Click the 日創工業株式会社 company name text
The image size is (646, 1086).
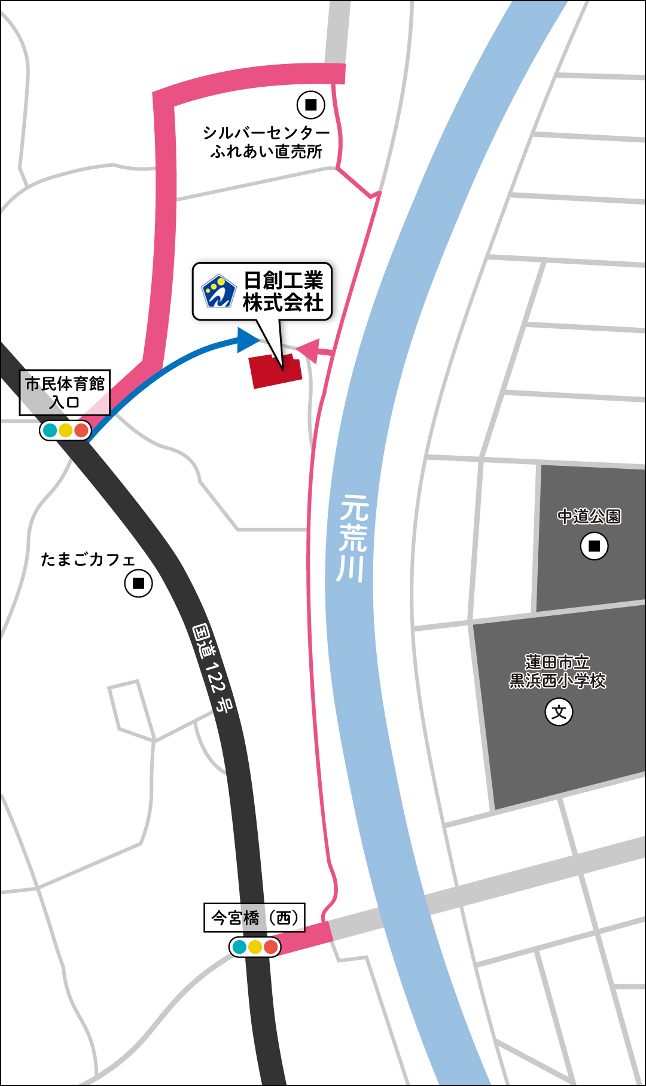(283, 291)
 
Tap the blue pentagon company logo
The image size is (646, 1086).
(218, 291)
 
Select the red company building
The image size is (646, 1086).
(275, 371)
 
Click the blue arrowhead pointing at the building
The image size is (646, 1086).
(248, 340)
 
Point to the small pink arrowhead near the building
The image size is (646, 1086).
(307, 350)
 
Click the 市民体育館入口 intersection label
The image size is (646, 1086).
(65, 392)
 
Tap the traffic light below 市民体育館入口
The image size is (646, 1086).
(65, 430)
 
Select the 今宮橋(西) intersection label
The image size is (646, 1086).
(255, 917)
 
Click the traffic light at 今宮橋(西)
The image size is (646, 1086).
(255, 947)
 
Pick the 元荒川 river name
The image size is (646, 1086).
(352, 538)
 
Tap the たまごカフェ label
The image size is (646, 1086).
(88, 560)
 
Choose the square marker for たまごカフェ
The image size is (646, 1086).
(138, 583)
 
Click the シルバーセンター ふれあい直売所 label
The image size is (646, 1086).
(266, 142)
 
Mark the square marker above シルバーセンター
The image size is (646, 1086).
(311, 105)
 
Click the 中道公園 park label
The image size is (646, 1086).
(589, 516)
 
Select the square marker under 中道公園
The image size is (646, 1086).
(594, 546)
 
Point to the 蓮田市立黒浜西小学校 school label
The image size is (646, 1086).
(557, 672)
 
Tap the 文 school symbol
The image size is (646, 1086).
(559, 712)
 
